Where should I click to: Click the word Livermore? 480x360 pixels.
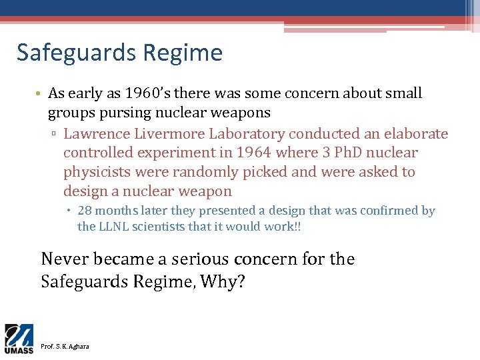point(167,134)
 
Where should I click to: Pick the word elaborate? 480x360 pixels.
point(417,134)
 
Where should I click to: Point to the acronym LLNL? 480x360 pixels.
point(115,227)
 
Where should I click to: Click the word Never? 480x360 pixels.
point(64,259)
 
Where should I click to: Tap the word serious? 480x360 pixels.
point(197,259)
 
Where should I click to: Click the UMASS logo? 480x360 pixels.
point(19,337)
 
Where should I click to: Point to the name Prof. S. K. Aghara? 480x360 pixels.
point(65,346)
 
